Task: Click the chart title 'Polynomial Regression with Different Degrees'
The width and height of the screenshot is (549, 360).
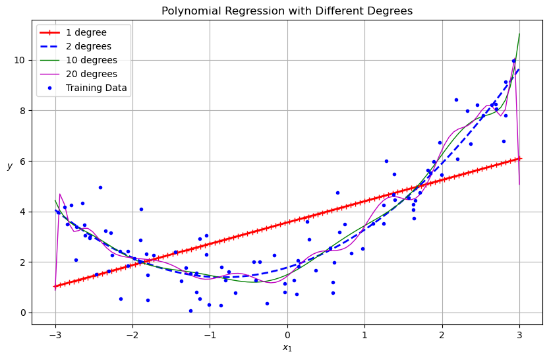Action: click(287, 11)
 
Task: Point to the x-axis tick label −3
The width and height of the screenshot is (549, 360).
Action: click(55, 334)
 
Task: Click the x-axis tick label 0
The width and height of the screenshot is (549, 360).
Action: click(287, 334)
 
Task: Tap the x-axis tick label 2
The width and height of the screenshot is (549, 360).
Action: click(442, 334)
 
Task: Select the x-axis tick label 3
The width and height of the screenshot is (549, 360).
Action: click(519, 334)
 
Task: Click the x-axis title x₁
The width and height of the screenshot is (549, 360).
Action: click(287, 347)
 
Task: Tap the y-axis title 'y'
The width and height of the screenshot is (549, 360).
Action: click(10, 166)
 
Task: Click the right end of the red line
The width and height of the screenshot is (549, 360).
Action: click(519, 158)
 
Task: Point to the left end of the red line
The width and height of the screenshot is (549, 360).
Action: click(55, 287)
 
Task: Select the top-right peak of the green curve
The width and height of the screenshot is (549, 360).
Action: click(519, 34)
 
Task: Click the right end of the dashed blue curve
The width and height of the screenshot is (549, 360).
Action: click(519, 69)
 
